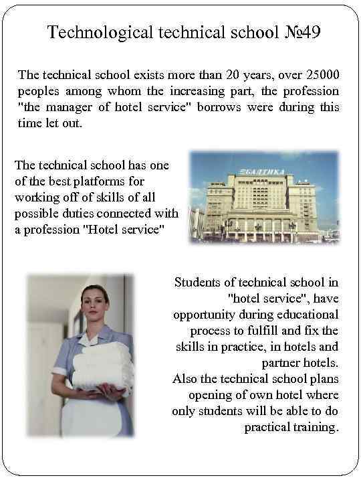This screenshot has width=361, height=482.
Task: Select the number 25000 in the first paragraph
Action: pyautogui.click(x=324, y=74)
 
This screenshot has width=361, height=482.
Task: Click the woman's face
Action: pyautogui.click(x=96, y=303)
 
